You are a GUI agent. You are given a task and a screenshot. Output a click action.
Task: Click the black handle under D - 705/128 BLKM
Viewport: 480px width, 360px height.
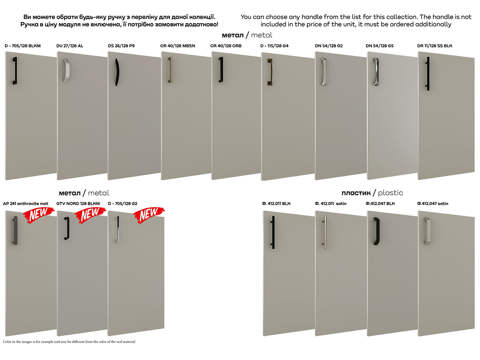(15, 71)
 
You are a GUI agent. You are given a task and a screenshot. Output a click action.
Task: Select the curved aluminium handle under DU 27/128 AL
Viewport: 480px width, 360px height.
(66, 70)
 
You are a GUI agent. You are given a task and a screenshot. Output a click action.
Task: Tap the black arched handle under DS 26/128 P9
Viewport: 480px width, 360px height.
(117, 72)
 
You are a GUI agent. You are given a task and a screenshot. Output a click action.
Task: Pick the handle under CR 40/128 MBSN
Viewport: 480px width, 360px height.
(170, 70)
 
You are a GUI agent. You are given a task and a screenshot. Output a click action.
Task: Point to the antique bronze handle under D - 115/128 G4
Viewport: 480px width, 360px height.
(270, 72)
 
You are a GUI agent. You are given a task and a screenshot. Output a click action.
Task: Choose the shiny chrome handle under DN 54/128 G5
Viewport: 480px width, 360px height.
(376, 72)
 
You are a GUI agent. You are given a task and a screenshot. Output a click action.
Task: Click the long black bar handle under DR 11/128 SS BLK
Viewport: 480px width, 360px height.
(428, 74)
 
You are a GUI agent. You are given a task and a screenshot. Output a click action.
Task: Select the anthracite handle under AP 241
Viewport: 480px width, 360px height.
(15, 231)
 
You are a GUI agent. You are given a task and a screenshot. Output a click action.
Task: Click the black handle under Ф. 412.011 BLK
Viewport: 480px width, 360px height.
(273, 232)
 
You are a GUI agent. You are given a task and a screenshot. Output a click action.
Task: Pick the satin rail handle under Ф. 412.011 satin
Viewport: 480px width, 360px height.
(325, 232)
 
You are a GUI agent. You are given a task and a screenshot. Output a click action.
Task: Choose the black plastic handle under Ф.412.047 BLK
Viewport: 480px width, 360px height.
(376, 231)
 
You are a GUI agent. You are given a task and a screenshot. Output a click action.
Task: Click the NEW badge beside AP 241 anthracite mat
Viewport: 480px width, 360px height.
(38, 215)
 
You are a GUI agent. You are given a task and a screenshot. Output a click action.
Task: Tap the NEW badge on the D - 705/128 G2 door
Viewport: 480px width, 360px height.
(149, 215)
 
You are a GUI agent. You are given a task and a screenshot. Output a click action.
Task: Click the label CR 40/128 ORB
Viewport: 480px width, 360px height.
(226, 46)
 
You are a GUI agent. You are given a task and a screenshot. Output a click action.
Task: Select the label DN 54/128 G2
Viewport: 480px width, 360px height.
(329, 46)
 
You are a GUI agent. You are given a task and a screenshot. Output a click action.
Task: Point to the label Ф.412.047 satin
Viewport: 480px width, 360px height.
(432, 204)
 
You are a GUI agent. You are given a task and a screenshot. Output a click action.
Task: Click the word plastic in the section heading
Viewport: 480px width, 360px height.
(390, 193)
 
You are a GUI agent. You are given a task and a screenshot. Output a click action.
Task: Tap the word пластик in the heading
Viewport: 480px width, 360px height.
(356, 193)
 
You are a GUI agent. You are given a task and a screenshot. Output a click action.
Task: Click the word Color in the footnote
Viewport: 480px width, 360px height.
(7, 342)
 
